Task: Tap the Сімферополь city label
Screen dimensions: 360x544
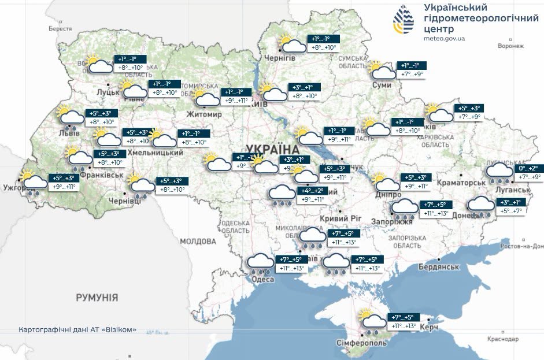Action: (x=362, y=343)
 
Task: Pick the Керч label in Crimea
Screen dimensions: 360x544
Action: (x=428, y=328)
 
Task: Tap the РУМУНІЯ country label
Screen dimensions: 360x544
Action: (x=97, y=298)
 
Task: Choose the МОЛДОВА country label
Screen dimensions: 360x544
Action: (x=198, y=241)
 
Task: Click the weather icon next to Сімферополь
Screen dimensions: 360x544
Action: (x=372, y=322)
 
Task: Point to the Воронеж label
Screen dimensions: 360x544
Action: (x=510, y=46)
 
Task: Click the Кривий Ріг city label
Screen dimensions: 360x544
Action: (x=341, y=219)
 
